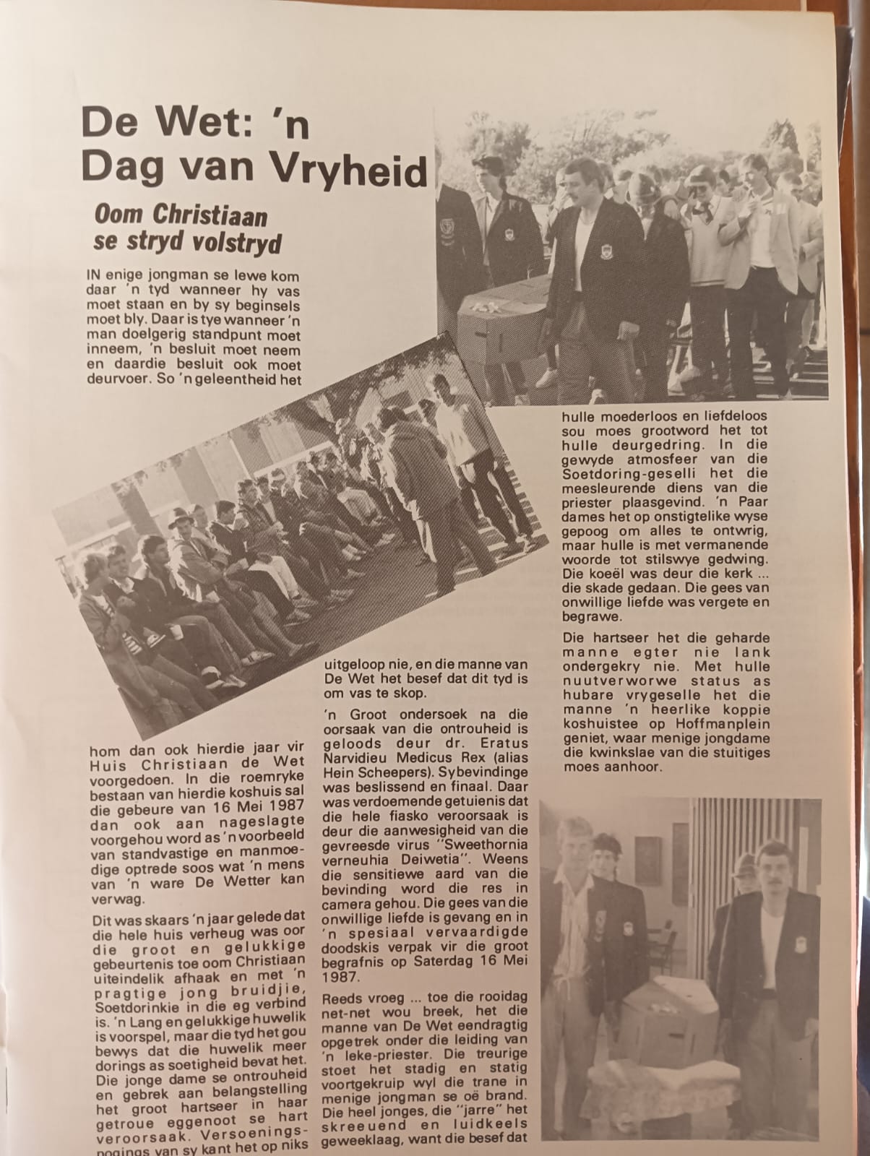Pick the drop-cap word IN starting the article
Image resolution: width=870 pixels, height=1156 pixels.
94,276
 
